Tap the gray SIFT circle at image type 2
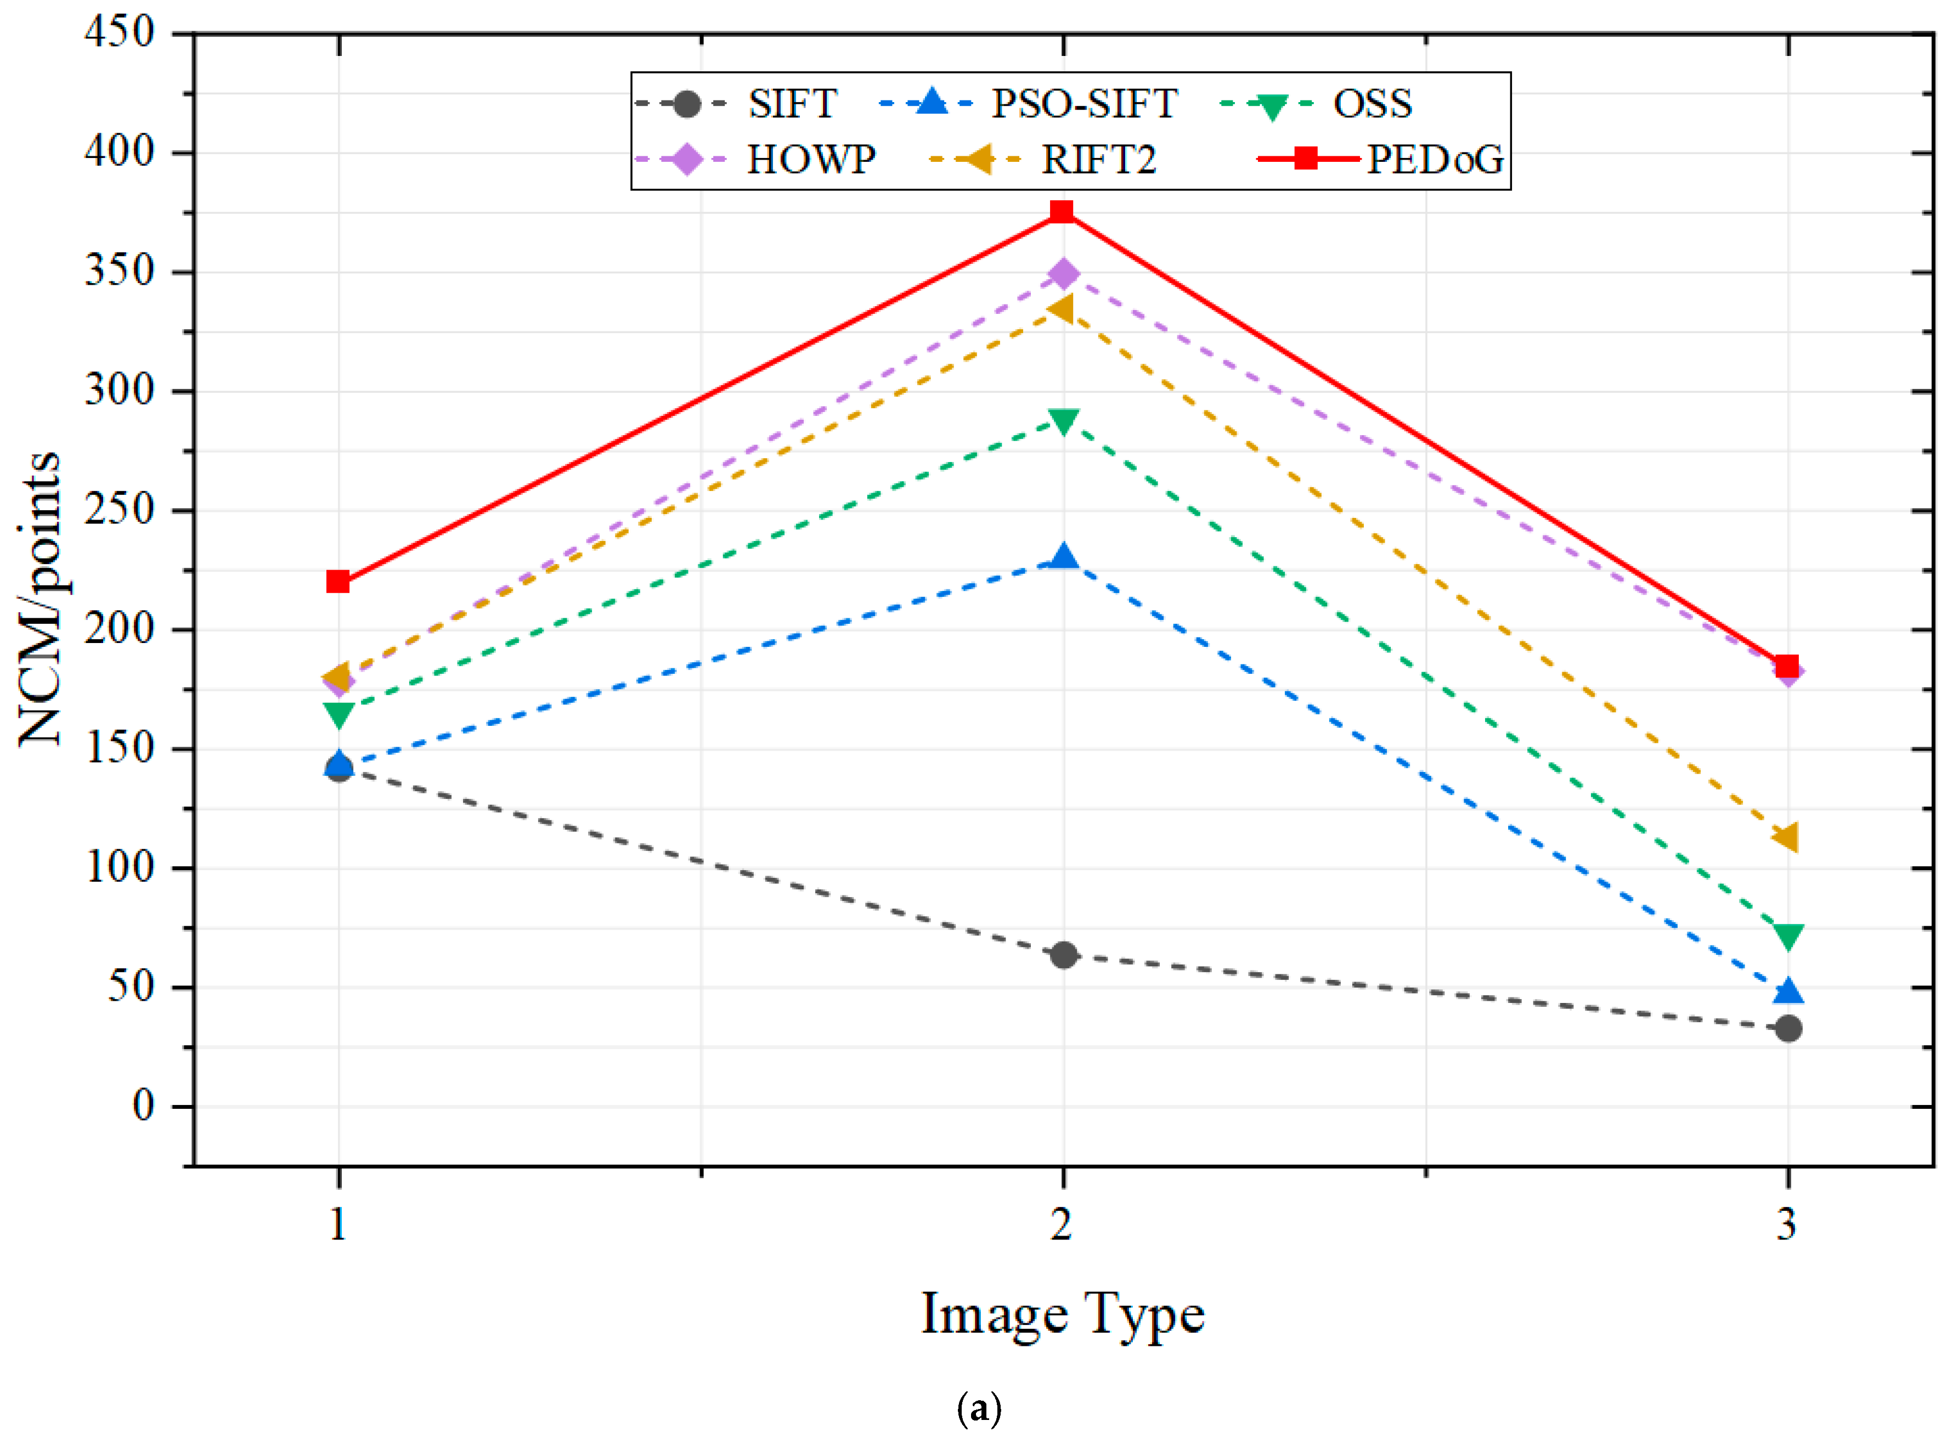tap(1062, 955)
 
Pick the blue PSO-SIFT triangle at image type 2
tap(1062, 556)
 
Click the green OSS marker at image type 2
tap(1062, 422)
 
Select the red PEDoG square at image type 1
tap(338, 582)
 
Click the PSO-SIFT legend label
tap(1083, 104)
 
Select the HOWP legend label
tap(811, 160)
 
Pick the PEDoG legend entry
tap(1434, 160)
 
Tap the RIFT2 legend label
tap(1098, 160)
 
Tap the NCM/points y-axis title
tap(39, 599)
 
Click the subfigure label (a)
tap(978, 1408)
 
